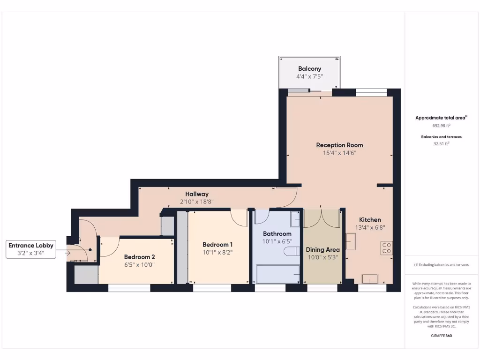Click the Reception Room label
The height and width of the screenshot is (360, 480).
[339, 145]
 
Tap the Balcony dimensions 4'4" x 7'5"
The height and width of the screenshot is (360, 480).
[309, 76]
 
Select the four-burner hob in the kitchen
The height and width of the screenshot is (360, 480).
[387, 247]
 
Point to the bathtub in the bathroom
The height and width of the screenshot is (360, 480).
[278, 274]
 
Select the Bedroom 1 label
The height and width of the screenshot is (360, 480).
[217, 244]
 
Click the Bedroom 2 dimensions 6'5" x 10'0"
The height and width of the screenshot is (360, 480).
[139, 264]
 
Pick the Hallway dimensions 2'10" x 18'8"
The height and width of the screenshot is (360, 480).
[196, 201]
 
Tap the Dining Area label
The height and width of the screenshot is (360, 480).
[322, 249]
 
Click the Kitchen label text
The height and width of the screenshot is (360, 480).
[370, 219]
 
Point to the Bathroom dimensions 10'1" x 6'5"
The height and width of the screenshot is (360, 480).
[277, 241]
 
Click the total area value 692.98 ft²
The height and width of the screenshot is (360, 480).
[441, 126]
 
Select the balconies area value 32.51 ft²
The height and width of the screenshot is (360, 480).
[441, 144]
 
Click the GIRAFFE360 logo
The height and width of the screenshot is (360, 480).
[441, 336]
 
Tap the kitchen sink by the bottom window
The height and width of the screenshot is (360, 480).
[370, 278]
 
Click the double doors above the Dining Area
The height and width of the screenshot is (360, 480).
[322, 217]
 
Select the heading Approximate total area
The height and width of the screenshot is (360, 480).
[441, 118]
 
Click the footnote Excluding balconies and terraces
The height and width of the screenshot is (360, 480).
[441, 265]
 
